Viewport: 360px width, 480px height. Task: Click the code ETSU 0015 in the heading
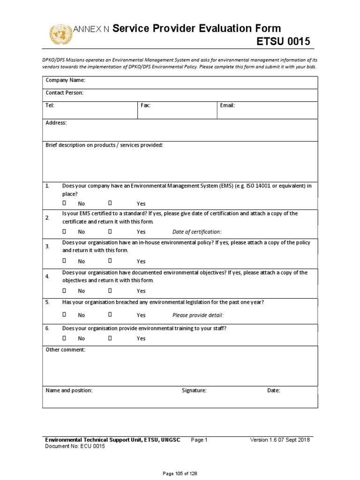(x=283, y=42)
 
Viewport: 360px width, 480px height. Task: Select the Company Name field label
(x=65, y=81)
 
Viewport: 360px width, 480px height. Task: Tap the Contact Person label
(x=64, y=93)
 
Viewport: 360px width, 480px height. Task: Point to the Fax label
(x=145, y=105)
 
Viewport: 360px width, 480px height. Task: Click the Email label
(x=227, y=105)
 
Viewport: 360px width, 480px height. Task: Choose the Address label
(x=56, y=123)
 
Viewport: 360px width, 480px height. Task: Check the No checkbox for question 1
(x=65, y=203)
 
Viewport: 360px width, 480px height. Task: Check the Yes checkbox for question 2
(x=110, y=231)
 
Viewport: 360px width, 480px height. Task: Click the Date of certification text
(x=197, y=232)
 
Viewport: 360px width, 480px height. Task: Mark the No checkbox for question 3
(x=65, y=261)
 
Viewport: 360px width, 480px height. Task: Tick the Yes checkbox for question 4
(x=110, y=290)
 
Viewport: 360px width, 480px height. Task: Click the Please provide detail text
(x=198, y=315)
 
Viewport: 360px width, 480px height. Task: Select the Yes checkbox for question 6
(x=110, y=338)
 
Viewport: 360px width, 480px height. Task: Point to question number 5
(x=47, y=302)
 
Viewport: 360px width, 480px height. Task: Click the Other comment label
(x=65, y=350)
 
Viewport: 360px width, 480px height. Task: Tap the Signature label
(x=194, y=390)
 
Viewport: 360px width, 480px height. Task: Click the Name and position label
(x=68, y=390)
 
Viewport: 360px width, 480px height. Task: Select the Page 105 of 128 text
(x=180, y=473)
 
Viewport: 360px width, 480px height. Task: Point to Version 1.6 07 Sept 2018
(x=280, y=440)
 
